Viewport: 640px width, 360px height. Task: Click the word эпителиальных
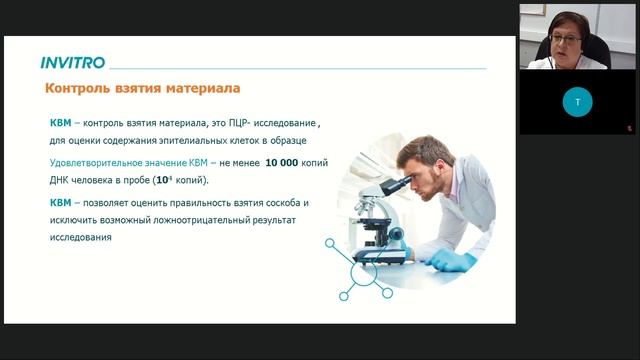180,141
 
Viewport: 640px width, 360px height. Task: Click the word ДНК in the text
62,180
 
